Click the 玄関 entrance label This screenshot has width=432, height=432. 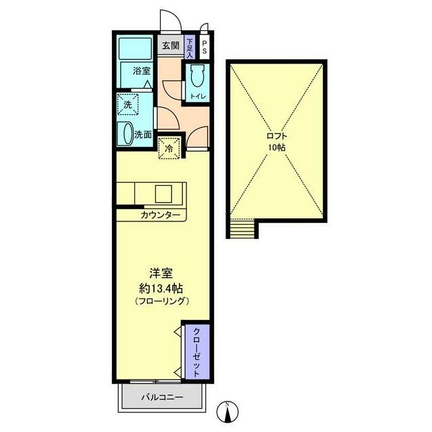coord(170,46)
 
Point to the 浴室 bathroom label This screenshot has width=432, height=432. coord(140,71)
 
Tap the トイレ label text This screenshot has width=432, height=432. coord(198,97)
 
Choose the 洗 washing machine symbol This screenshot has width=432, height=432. coord(128,105)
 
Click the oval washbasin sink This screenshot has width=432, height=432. coord(126,134)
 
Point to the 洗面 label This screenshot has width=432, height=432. coord(142,134)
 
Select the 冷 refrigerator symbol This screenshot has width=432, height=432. coord(169,147)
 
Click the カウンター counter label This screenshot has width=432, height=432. coord(161,215)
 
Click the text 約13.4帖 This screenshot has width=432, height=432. coord(161,287)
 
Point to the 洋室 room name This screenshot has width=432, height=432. coord(161,273)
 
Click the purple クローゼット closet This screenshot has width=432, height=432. coord(196,351)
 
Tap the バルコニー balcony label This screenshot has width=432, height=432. coord(161,398)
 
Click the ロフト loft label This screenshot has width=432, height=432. coord(277,134)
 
